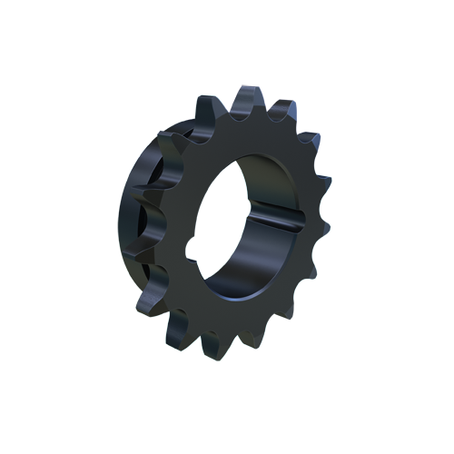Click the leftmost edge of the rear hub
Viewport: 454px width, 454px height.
tap(121, 218)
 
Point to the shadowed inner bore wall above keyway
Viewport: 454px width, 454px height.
tap(263, 177)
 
